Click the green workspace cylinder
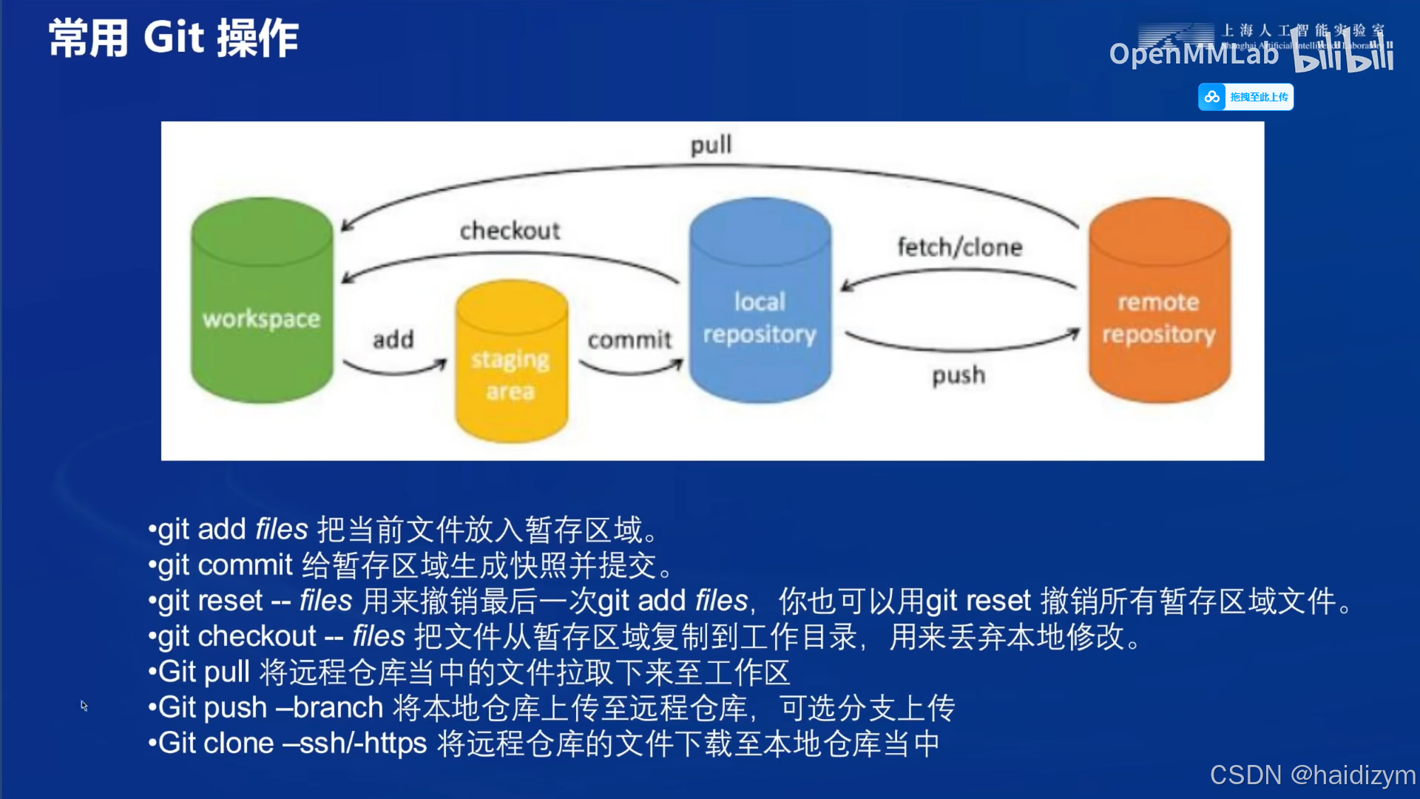pyautogui.click(x=262, y=303)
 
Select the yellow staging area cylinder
pyautogui.click(x=511, y=363)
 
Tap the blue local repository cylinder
pyautogui.click(x=760, y=303)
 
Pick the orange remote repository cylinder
pyautogui.click(x=1159, y=303)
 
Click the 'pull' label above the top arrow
pyautogui.click(x=711, y=145)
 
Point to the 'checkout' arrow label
pyautogui.click(x=510, y=231)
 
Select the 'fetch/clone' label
pyautogui.click(x=959, y=247)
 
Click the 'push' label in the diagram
pyautogui.click(x=958, y=375)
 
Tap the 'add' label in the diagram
pyautogui.click(x=393, y=340)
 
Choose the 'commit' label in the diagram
pyautogui.click(x=629, y=340)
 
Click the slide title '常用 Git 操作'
pyautogui.click(x=174, y=38)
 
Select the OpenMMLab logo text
pyautogui.click(x=1193, y=53)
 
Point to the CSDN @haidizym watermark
pyautogui.click(x=1312, y=775)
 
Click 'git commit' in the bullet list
pyautogui.click(x=225, y=565)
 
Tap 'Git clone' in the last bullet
pyautogui.click(x=215, y=743)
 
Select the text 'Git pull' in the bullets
pyautogui.click(x=203, y=672)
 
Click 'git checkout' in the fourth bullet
pyautogui.click(x=237, y=636)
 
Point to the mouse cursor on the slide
pyautogui.click(x=84, y=705)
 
